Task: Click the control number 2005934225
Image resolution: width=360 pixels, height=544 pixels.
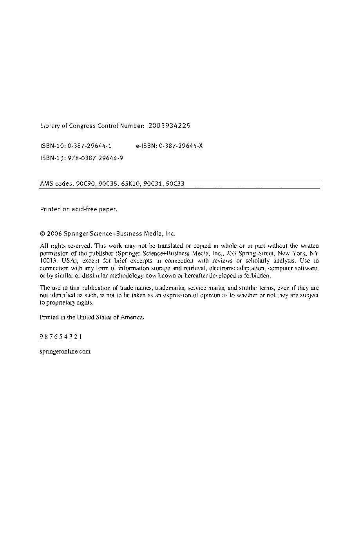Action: (169, 126)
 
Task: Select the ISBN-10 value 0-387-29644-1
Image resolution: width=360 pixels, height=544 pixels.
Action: (90, 146)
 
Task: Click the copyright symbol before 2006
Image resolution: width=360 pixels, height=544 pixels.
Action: (43, 234)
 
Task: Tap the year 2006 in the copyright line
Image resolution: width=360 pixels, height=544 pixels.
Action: (54, 234)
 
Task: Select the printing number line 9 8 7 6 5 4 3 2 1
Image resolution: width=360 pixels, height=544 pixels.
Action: (61, 337)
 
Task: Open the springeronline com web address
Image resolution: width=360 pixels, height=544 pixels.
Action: (65, 352)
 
